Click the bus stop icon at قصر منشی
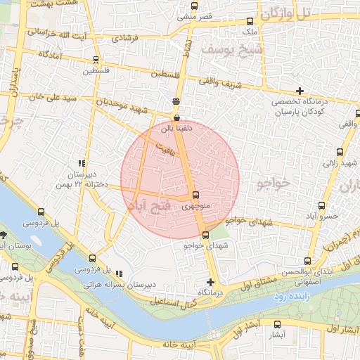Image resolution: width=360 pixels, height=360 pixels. [195, 6]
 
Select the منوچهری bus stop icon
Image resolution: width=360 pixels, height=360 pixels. [195, 195]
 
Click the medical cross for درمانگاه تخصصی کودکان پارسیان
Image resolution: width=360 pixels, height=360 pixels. [300, 91]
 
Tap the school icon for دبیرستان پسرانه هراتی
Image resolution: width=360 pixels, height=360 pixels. [118, 274]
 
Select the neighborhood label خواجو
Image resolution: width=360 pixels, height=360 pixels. [274, 183]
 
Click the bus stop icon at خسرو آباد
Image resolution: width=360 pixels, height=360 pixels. [321, 206]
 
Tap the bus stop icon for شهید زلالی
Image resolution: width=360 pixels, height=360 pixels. [340, 152]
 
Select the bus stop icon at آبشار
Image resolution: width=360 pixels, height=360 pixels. [277, 325]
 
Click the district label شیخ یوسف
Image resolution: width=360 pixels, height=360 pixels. [226, 49]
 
